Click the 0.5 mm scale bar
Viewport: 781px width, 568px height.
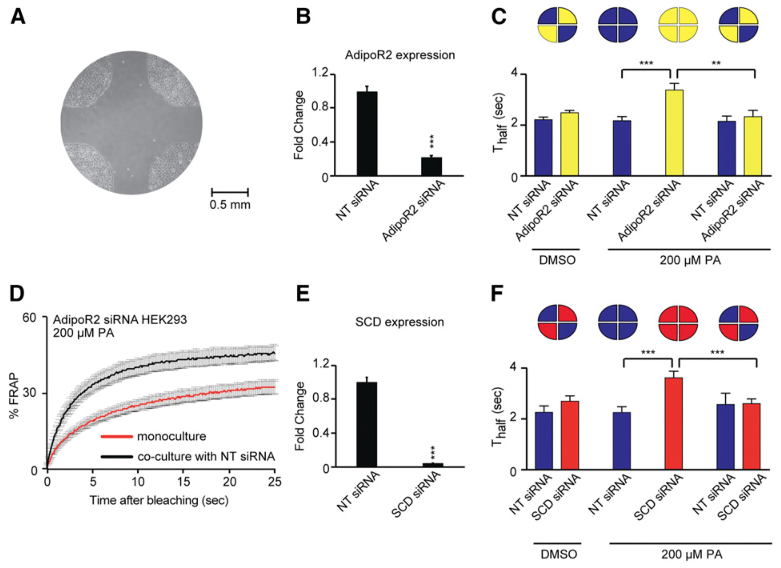click(x=230, y=192)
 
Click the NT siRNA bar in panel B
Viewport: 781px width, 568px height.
click(x=367, y=134)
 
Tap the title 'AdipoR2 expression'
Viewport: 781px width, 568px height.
click(x=400, y=55)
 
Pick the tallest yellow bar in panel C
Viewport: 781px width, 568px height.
click(x=674, y=133)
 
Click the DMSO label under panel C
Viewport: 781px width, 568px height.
click(x=557, y=260)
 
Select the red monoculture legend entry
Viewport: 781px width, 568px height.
click(x=153, y=437)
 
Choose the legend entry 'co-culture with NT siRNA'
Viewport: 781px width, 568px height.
click(x=188, y=457)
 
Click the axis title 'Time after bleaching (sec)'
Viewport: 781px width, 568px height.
click(x=159, y=500)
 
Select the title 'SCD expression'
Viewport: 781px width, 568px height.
click(x=399, y=322)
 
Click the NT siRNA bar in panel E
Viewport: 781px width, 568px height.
click(x=367, y=425)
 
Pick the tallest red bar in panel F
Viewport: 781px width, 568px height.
click(x=674, y=423)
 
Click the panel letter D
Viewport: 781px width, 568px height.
click(x=17, y=294)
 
